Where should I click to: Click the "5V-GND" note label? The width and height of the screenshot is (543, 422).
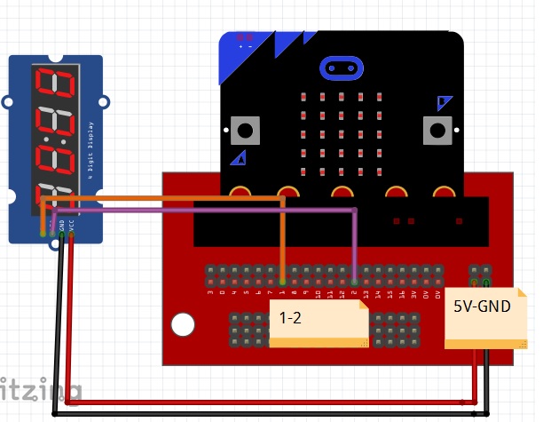pos(484,312)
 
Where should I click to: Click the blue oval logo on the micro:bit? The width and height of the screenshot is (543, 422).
pos(341,68)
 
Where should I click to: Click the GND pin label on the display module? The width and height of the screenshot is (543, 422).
pos(61,227)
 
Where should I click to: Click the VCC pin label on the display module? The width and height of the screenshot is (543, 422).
pos(71,227)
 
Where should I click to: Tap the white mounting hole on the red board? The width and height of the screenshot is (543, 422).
pos(183,325)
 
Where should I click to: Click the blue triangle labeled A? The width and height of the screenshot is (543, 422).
pos(238,158)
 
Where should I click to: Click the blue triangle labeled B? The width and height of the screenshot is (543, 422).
pos(444,105)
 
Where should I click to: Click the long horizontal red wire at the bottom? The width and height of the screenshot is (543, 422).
pos(266,402)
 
